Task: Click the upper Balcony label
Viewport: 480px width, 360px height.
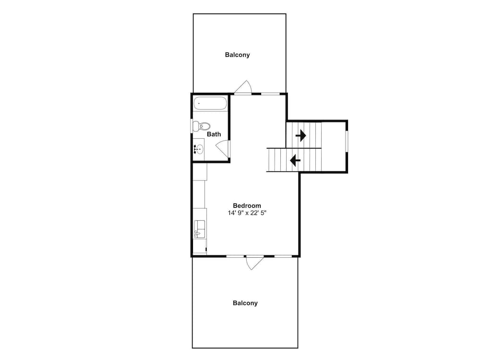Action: click(x=237, y=55)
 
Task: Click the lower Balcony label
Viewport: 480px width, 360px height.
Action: click(x=245, y=303)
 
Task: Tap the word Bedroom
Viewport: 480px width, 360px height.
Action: click(x=247, y=206)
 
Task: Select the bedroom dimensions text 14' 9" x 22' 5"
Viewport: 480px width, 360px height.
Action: click(x=247, y=213)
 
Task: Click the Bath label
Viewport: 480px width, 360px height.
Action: click(x=214, y=134)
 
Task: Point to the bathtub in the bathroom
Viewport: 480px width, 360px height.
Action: click(x=210, y=104)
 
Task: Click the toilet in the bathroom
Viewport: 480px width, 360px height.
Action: click(x=202, y=126)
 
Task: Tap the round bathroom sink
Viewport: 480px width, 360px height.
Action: click(x=199, y=149)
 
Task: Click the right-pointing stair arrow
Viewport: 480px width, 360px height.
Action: click(x=300, y=135)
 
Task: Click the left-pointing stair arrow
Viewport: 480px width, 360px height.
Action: click(x=295, y=160)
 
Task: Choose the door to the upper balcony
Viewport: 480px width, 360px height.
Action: click(x=243, y=87)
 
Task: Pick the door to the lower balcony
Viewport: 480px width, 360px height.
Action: click(x=255, y=263)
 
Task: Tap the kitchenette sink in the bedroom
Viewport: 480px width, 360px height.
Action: click(x=200, y=229)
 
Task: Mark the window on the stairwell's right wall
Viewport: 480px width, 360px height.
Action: click(x=347, y=141)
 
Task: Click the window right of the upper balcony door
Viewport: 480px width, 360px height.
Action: click(x=270, y=94)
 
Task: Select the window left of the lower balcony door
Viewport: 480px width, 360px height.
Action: click(x=235, y=256)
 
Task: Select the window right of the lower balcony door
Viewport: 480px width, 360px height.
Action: click(x=283, y=256)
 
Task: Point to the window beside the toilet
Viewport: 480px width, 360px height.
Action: click(x=192, y=126)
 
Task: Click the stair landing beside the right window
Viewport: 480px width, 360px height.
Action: click(x=334, y=146)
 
